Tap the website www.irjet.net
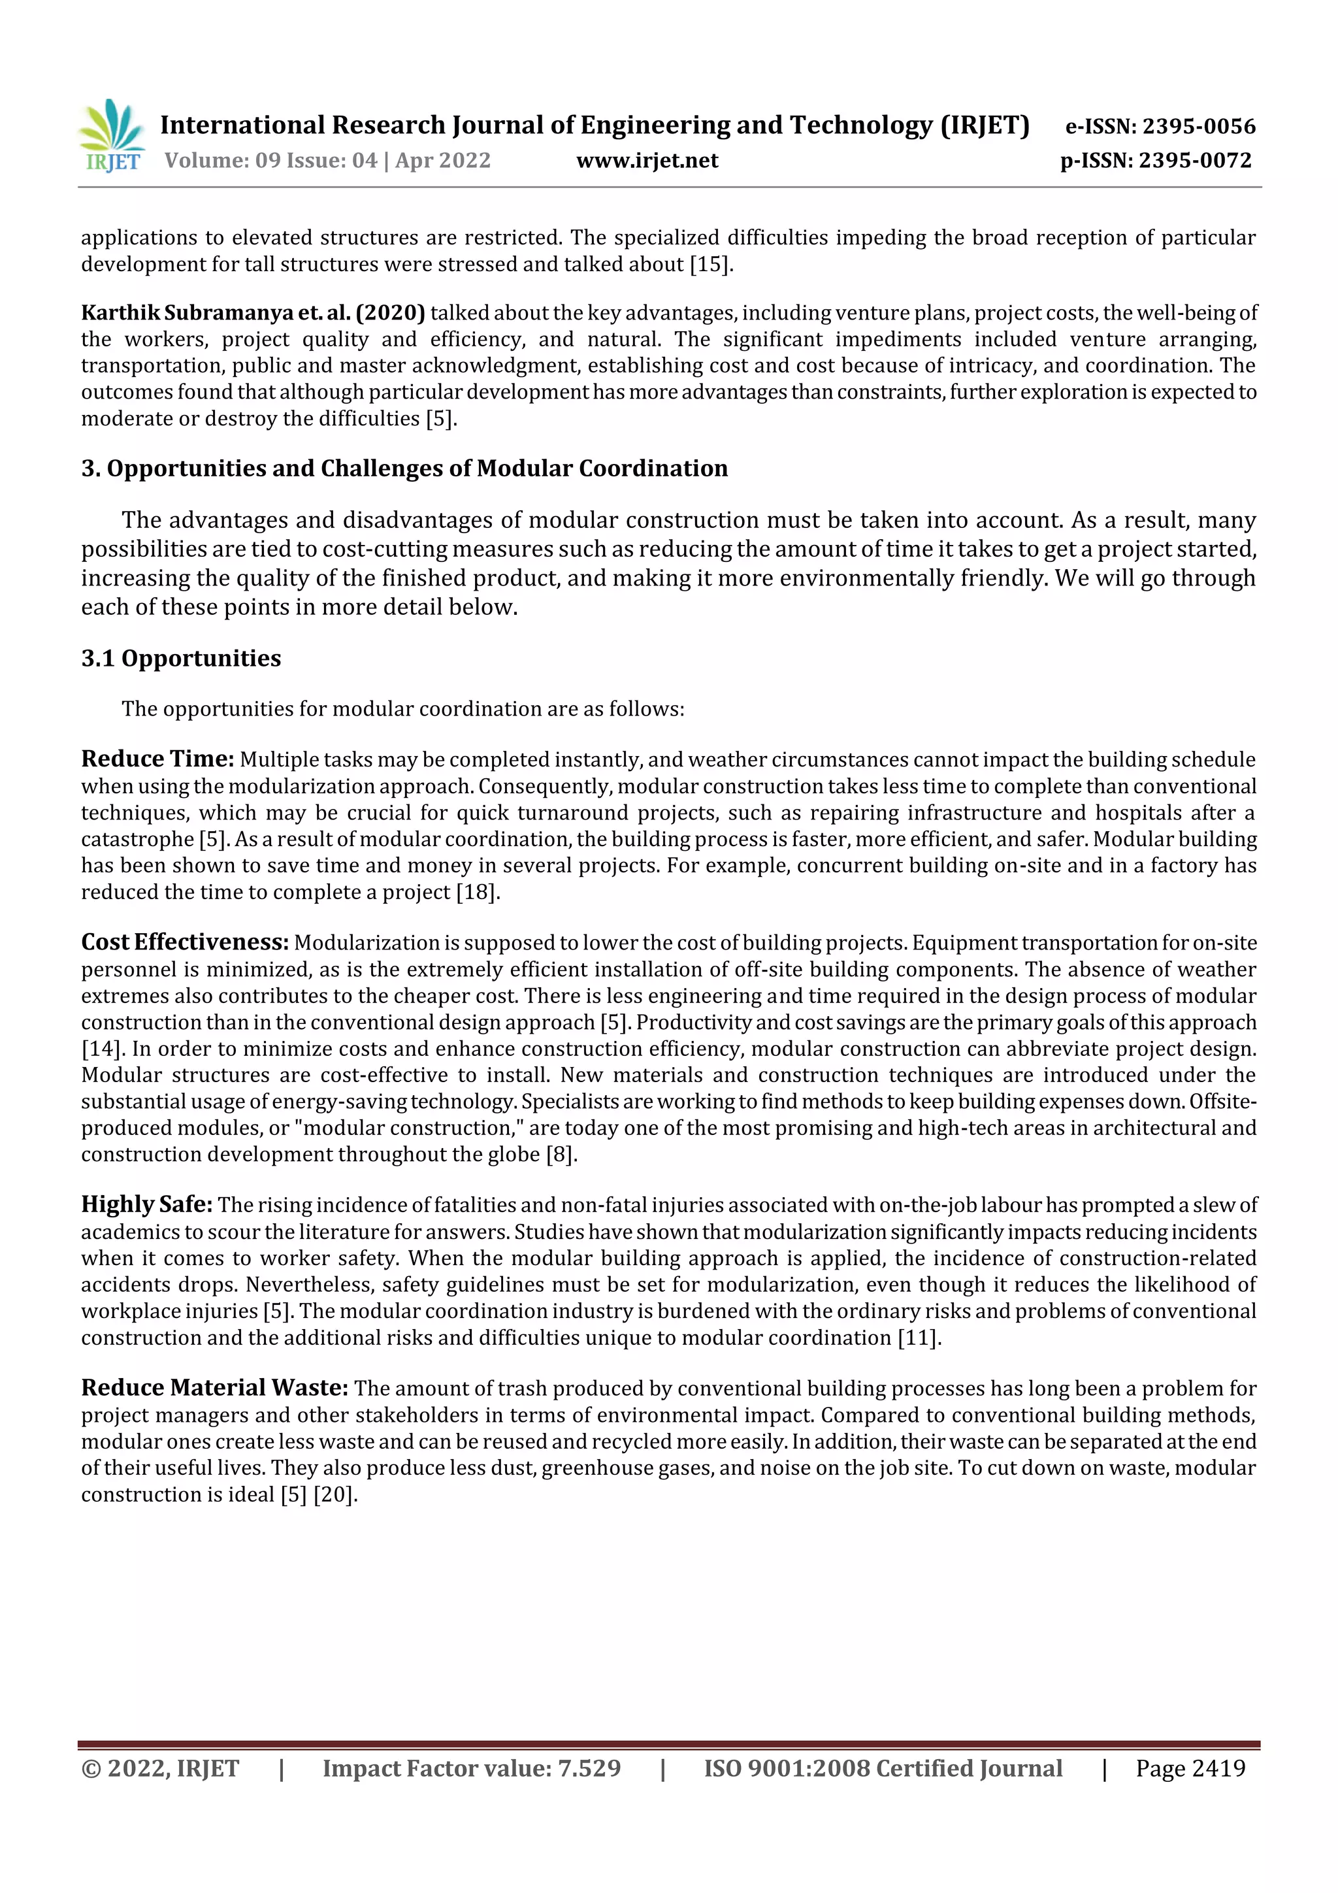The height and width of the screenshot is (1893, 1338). [x=647, y=161]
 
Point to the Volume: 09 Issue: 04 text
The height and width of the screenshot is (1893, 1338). [x=270, y=161]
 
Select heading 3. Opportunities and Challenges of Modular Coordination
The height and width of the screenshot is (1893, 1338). [x=404, y=469]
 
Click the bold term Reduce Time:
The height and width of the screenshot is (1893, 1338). [x=157, y=759]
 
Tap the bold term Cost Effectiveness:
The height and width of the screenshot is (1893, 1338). [x=185, y=942]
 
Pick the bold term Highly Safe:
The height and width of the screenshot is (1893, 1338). [x=147, y=1204]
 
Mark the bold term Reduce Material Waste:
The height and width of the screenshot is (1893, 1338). [x=214, y=1389]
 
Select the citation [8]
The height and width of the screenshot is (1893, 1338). [x=560, y=1154]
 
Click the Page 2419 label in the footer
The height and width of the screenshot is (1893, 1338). [x=1190, y=1768]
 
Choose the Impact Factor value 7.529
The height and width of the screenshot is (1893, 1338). [x=589, y=1768]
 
